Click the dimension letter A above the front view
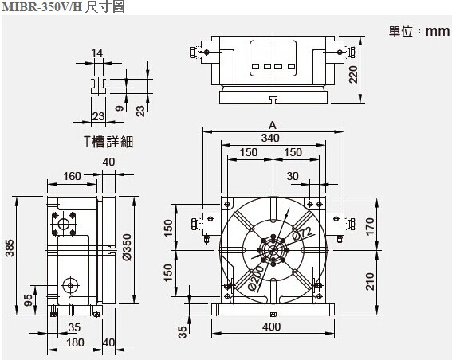pyautogui.click(x=273, y=125)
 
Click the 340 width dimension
pyautogui.click(x=270, y=138)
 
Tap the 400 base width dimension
pyautogui.click(x=272, y=327)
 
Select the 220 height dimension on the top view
pyautogui.click(x=353, y=75)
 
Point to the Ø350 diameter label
pyautogui.click(x=127, y=247)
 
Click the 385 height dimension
pyautogui.click(x=10, y=248)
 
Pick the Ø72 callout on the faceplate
pyautogui.click(x=302, y=233)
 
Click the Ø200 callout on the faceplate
pyautogui.click(x=256, y=278)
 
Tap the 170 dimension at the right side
pyautogui.click(x=370, y=227)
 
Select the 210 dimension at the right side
pyautogui.click(x=370, y=281)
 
